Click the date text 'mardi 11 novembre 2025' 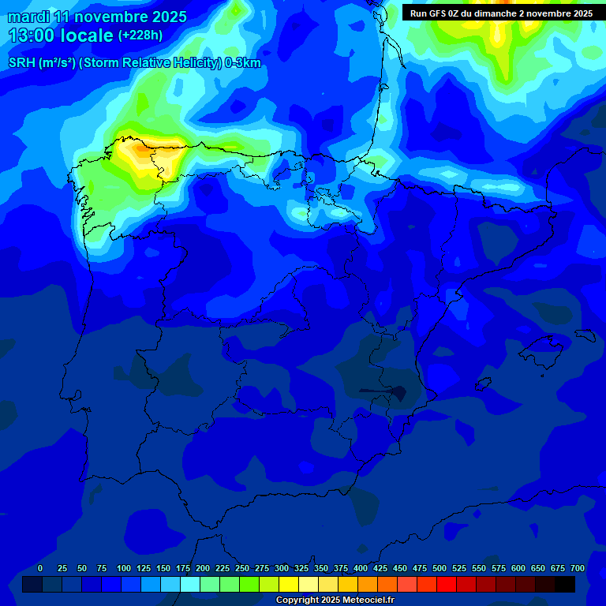[x=97, y=17]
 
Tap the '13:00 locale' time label [x=61, y=36]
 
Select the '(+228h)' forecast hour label [x=140, y=36]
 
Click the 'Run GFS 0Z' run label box [x=501, y=13]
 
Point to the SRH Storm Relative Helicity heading [x=134, y=63]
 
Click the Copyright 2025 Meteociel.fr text [x=335, y=600]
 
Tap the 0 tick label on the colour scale [x=40, y=568]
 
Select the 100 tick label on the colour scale [x=123, y=568]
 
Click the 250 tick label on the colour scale [x=242, y=568]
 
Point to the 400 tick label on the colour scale [x=361, y=568]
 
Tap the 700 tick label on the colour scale [x=578, y=568]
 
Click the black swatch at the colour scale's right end [x=565, y=584]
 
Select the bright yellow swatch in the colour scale [x=289, y=584]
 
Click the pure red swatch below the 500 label [x=447, y=584]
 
